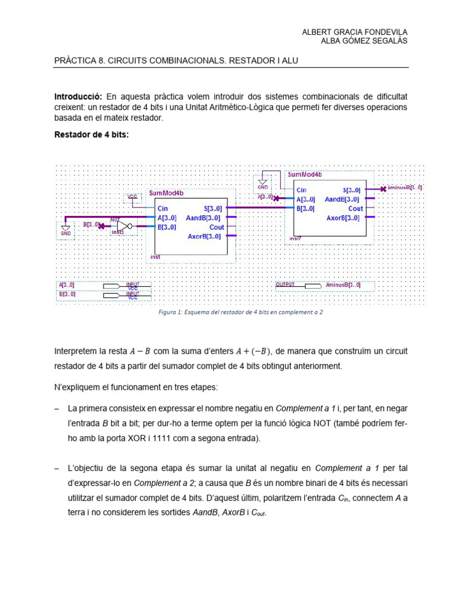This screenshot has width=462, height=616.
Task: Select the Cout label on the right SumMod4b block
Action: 356,209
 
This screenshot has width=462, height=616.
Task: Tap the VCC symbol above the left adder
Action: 132,197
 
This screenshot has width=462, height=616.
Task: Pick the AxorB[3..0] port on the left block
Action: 203,237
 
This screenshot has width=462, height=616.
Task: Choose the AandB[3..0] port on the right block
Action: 342,199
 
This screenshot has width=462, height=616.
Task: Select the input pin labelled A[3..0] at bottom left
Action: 112,285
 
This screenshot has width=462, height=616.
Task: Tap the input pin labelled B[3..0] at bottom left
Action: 112,295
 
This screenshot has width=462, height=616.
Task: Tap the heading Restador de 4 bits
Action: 91,135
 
